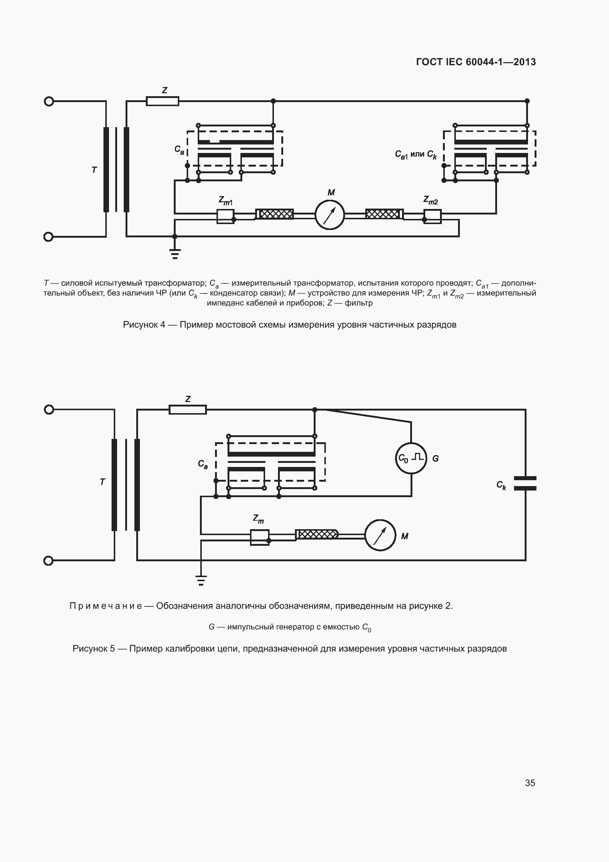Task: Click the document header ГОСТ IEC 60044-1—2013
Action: [x=475, y=62]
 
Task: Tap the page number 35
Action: [x=530, y=783]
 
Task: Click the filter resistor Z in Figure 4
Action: [x=162, y=101]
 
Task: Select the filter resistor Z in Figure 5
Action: [x=187, y=409]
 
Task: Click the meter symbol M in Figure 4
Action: [x=330, y=215]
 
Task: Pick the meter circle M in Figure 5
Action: [x=380, y=535]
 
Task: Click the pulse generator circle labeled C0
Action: [x=411, y=458]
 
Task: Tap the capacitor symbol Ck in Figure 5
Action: [x=525, y=483]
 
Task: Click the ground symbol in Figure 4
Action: [x=175, y=254]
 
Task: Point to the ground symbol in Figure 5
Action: [x=201, y=580]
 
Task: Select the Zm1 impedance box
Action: [x=225, y=216]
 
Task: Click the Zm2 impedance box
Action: [x=432, y=216]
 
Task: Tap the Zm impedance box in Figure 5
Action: [x=260, y=537]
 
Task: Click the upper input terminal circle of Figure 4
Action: [x=49, y=101]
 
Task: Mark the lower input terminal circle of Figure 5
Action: [x=49, y=561]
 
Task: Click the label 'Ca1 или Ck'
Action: [x=415, y=154]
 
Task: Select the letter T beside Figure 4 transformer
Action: [x=94, y=170]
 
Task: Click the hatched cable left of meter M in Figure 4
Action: [x=276, y=214]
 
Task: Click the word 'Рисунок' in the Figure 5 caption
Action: [x=90, y=649]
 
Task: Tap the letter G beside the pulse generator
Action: [x=435, y=458]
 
